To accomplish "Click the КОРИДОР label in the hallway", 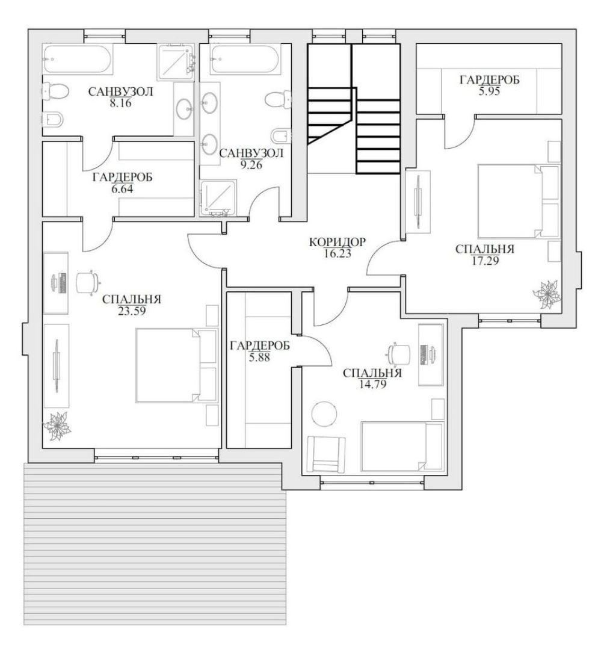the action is [337, 242].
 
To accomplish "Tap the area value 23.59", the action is [132, 311].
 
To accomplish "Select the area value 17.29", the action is [485, 261].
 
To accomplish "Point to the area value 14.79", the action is [372, 384].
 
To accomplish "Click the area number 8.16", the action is [120, 102].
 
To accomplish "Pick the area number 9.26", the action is [251, 164].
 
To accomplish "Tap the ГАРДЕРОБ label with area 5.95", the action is [489, 79].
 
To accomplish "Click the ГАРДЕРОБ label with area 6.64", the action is [122, 178].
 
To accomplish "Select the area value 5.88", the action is [259, 357].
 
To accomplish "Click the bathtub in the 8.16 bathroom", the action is [78, 60].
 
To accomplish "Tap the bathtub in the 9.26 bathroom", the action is [244, 60].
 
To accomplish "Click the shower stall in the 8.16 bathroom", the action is [176, 62].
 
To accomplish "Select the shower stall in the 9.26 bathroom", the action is [218, 198].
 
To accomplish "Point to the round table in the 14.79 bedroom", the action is [324, 414].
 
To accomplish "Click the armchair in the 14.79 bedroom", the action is [326, 454].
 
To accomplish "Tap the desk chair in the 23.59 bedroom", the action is [87, 281].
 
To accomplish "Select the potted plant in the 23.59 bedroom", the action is [57, 426].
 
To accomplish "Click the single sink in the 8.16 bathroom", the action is [184, 108].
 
